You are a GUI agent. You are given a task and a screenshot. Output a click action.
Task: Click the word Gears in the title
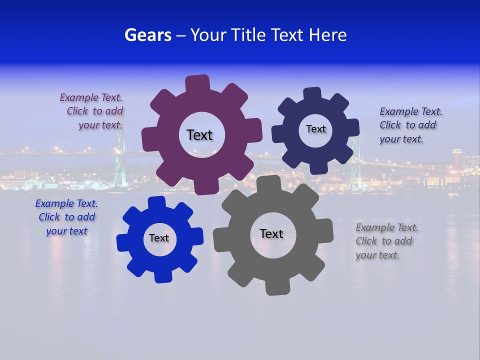point(147,35)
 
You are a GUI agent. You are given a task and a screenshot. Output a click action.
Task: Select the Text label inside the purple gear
point(199,135)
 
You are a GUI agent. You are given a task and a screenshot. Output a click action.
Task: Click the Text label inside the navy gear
point(315,129)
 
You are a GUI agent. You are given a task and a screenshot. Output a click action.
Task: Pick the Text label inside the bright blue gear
point(159,238)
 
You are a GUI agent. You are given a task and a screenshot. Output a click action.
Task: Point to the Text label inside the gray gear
point(271,233)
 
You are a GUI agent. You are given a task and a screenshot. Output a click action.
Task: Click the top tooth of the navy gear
point(312,93)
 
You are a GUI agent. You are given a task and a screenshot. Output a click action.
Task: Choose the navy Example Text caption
point(410,125)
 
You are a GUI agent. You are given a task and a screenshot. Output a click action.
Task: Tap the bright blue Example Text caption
point(66,217)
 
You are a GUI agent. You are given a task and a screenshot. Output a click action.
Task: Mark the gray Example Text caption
point(386,241)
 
